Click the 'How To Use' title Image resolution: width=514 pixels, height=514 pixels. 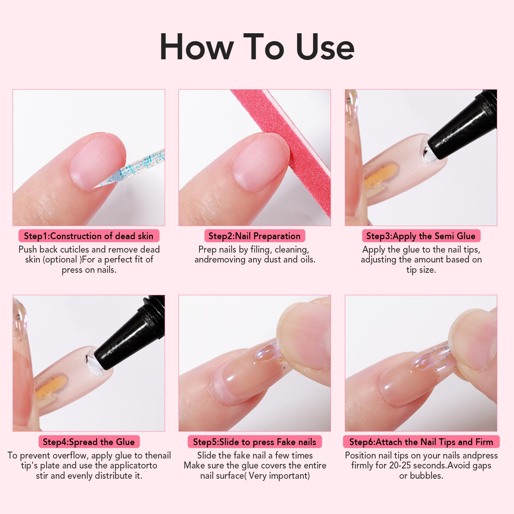[x=257, y=47]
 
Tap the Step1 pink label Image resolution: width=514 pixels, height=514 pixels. [x=89, y=236]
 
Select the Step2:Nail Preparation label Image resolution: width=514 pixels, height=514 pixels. [x=254, y=236]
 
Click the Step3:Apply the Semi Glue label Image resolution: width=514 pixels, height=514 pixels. [x=421, y=236]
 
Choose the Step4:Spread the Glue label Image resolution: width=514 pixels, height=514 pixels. [x=89, y=442]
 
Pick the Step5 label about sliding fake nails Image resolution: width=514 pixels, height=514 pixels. [x=254, y=442]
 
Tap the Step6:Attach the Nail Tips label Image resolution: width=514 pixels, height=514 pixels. [x=421, y=442]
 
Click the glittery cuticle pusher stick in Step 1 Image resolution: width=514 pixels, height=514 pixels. [x=137, y=168]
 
